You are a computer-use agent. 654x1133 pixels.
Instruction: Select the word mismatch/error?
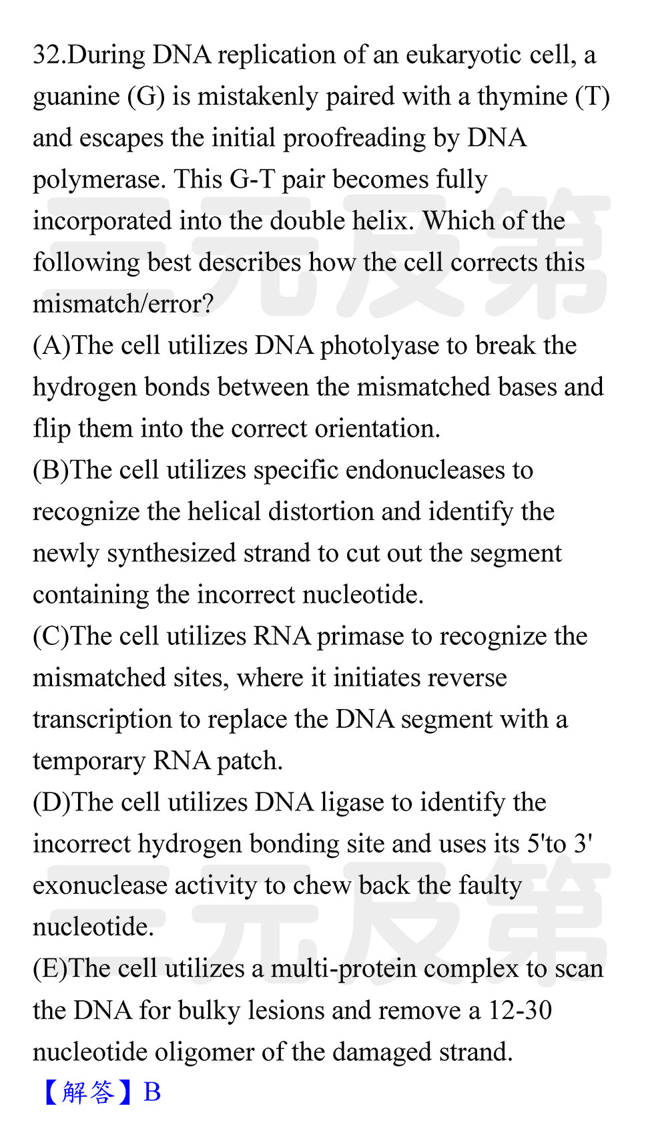click(123, 304)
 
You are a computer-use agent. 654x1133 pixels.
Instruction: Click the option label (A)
click(51, 346)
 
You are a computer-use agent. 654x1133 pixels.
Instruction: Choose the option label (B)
click(51, 470)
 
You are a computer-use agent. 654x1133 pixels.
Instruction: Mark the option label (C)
click(51, 636)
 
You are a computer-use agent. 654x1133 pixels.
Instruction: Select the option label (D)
click(51, 802)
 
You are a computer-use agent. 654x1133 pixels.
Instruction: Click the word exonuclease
click(100, 885)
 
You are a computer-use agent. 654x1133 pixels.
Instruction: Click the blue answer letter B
click(152, 1092)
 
